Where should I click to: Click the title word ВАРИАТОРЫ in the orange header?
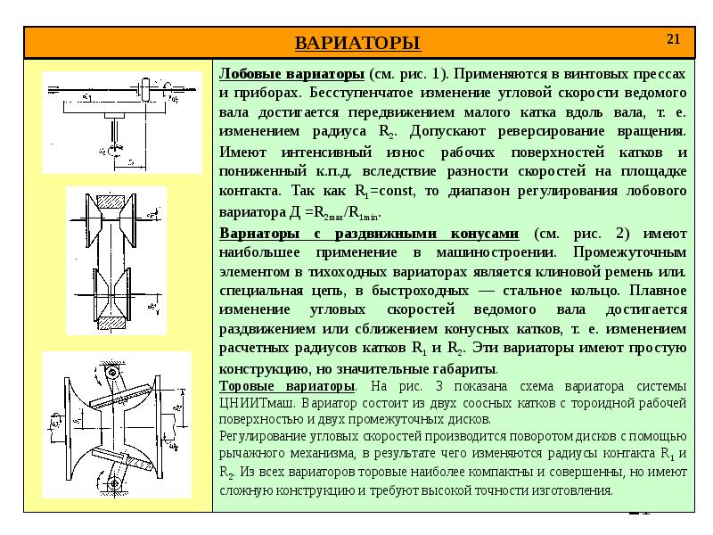click(356, 43)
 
